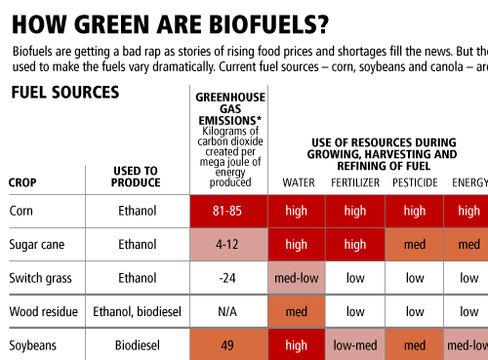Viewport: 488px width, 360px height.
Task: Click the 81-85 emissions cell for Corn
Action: pyautogui.click(x=229, y=211)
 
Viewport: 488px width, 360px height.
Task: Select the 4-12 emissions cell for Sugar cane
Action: pyautogui.click(x=229, y=245)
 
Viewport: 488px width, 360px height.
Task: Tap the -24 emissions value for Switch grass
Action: pyautogui.click(x=227, y=278)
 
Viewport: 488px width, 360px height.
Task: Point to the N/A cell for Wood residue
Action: pyautogui.click(x=227, y=312)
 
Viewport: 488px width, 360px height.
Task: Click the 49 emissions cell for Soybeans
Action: pyautogui.click(x=229, y=344)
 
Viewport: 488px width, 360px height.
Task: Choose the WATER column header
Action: pyautogui.click(x=299, y=182)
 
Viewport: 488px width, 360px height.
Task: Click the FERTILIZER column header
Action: pyautogui.click(x=355, y=182)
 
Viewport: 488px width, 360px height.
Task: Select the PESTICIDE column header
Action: pyautogui.click(x=415, y=182)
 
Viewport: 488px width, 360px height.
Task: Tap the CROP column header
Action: pyautogui.click(x=22, y=182)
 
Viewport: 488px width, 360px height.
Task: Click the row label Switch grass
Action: pyautogui.click(x=40, y=279)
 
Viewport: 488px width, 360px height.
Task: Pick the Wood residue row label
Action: pyautogui.click(x=44, y=312)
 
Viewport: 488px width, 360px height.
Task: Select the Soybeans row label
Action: pyautogui.click(x=32, y=345)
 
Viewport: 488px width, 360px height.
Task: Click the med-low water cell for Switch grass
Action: pyautogui.click(x=297, y=278)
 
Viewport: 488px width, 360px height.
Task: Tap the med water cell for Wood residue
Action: pyautogui.click(x=297, y=312)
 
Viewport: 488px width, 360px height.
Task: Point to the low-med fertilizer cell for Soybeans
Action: pyautogui.click(x=355, y=344)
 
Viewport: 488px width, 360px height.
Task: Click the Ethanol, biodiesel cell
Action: pyautogui.click(x=137, y=312)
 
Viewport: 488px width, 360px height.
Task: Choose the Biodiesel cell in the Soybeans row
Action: pyautogui.click(x=138, y=345)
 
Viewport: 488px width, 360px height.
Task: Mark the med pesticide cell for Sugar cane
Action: pyautogui.click(x=415, y=245)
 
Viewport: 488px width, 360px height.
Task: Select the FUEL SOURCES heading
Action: pyautogui.click(x=65, y=93)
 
